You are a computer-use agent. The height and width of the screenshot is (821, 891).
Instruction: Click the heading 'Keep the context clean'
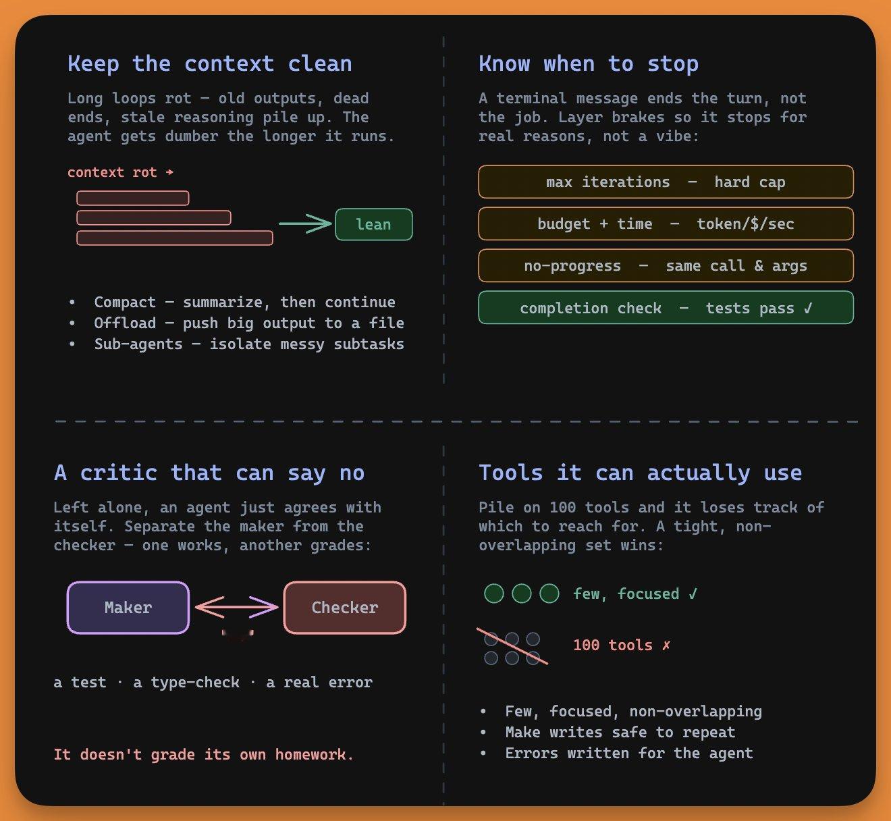(x=210, y=64)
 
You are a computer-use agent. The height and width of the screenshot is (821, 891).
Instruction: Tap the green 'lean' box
(x=373, y=224)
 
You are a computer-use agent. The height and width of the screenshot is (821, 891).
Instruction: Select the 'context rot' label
(x=120, y=172)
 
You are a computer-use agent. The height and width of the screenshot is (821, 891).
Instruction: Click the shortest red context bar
(x=133, y=198)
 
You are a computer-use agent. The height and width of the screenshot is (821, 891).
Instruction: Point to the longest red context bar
(x=175, y=238)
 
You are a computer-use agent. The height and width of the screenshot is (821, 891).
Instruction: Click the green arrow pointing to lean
(x=305, y=223)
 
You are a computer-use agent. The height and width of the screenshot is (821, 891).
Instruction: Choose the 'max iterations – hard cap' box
(x=666, y=182)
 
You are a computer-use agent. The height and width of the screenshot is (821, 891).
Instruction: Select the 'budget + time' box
(x=666, y=223)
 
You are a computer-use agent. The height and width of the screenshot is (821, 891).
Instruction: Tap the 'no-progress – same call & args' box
(x=666, y=265)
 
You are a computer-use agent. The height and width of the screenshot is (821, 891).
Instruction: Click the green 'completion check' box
(x=666, y=307)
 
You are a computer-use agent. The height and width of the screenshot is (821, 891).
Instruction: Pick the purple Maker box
(x=128, y=607)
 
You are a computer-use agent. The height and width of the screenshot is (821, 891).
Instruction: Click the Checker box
(x=345, y=607)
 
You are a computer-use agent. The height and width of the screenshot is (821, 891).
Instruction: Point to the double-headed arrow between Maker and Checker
(x=237, y=607)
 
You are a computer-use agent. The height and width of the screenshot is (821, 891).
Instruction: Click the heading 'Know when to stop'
(x=589, y=64)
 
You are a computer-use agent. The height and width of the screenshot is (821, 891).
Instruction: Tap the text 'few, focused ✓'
(x=635, y=593)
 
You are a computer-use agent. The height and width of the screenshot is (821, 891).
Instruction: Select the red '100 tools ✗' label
(x=622, y=645)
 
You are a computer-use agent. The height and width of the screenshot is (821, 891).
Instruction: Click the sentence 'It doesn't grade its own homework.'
(x=203, y=754)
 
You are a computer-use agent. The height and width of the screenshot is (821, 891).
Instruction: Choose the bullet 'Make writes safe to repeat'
(x=620, y=732)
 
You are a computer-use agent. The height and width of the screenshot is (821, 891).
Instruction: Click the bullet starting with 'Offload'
(x=249, y=323)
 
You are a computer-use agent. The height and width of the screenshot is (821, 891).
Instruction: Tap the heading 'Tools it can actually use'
(x=641, y=473)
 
